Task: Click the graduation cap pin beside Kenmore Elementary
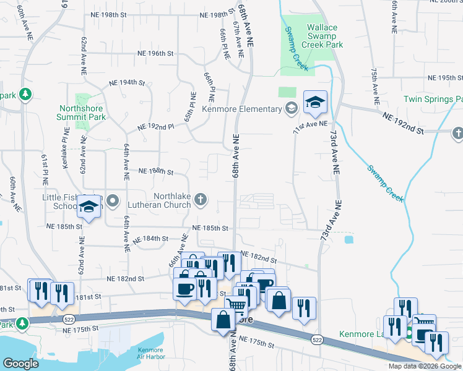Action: point(314,103)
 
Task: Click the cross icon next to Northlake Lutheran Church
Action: point(199,199)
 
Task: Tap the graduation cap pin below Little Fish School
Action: point(89,208)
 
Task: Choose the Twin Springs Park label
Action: point(433,100)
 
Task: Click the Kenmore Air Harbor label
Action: point(150,354)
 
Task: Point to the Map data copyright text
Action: point(425,366)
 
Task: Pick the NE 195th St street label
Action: point(446,79)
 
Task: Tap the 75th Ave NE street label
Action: point(374,87)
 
